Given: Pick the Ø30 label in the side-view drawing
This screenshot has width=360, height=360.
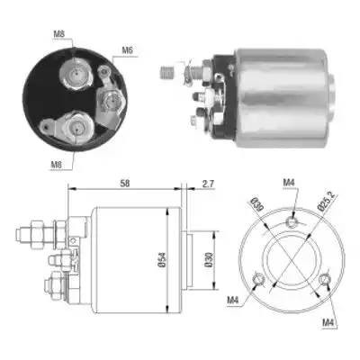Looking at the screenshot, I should click(x=210, y=262).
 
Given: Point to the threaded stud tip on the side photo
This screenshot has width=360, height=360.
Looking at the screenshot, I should click(x=167, y=70).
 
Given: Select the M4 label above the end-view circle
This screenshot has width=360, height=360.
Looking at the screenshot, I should click(x=288, y=184).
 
